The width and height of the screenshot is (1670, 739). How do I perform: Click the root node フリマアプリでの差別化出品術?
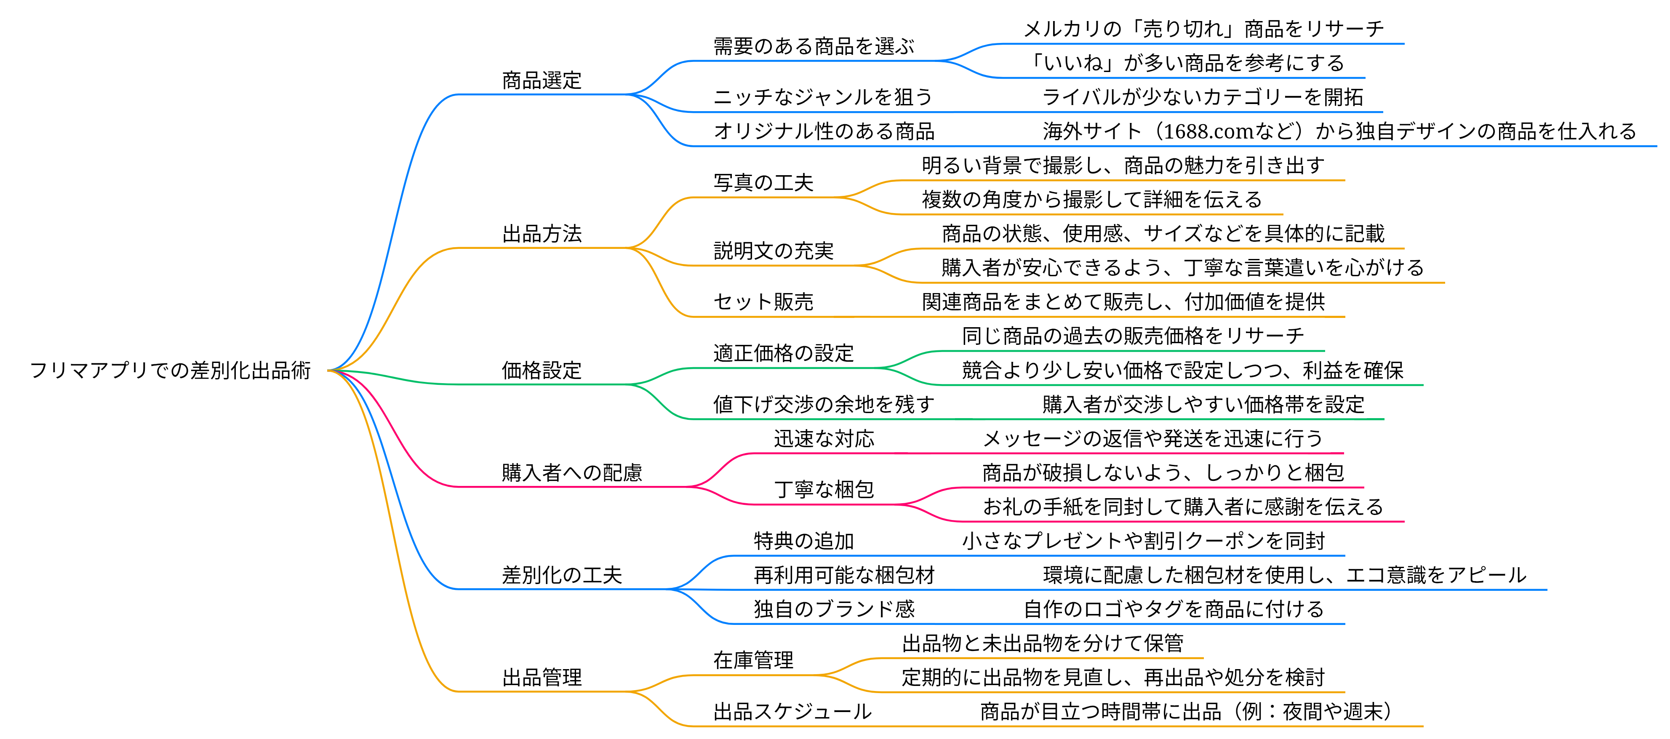(171, 370)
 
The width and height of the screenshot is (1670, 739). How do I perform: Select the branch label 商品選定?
(542, 80)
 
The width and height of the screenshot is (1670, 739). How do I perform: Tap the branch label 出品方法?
(542, 233)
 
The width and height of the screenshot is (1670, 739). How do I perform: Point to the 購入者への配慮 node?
(572, 472)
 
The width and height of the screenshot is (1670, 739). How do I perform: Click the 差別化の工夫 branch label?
(562, 575)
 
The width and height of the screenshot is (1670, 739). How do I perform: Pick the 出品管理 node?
(542, 678)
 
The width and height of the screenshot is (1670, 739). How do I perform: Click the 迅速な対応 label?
(824, 439)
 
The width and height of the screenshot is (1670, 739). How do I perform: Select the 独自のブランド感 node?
(834, 609)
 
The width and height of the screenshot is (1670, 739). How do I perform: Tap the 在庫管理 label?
(753, 660)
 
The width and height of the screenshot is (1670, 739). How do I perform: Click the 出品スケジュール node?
(793, 712)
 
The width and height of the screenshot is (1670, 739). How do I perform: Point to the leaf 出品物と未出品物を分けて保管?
(1043, 644)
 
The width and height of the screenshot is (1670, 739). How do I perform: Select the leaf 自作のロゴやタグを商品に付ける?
(1174, 609)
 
